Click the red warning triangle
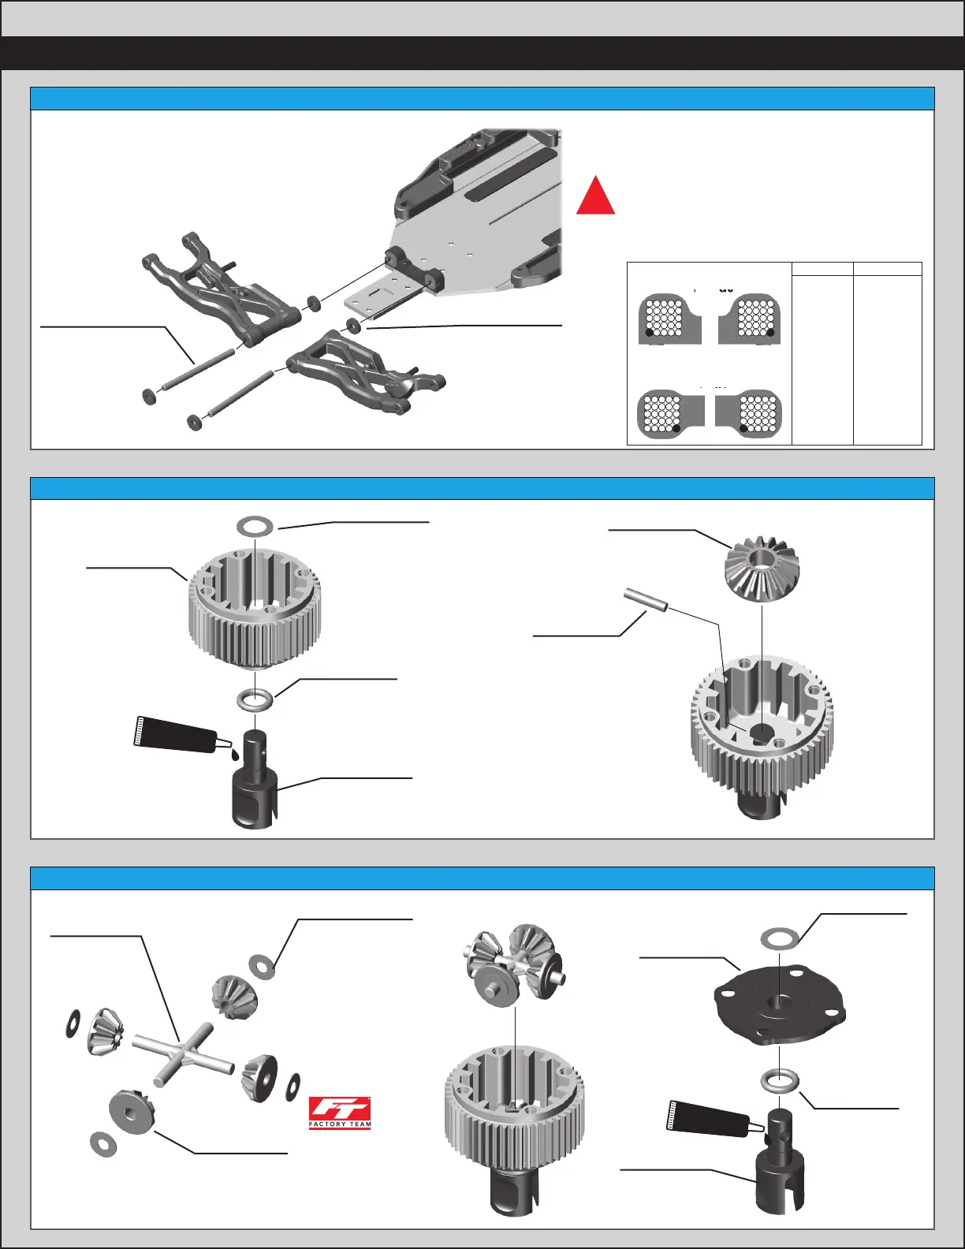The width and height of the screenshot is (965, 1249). (595, 197)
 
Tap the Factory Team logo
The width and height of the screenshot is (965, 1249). (340, 1113)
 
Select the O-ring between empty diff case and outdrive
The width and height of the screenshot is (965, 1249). (256, 699)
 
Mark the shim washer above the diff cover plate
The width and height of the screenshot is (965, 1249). (779, 938)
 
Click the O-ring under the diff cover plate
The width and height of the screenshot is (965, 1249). (780, 1080)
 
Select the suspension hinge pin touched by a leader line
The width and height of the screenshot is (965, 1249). (197, 367)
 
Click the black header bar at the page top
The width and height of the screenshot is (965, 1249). (482, 53)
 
